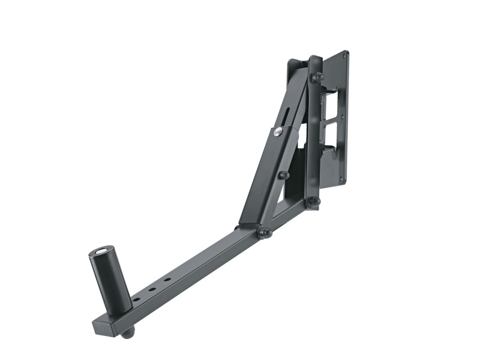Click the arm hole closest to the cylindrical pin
pyautogui.click(x=136, y=299)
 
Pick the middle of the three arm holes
pyautogui.click(x=152, y=289)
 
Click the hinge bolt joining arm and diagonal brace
pyautogui.click(x=263, y=232)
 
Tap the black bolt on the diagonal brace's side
pyautogui.click(x=283, y=175)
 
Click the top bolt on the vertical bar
pyautogui.click(x=316, y=77)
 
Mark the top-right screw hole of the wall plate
pyautogui.click(x=344, y=55)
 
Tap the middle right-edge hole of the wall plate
pyautogui.click(x=343, y=117)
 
